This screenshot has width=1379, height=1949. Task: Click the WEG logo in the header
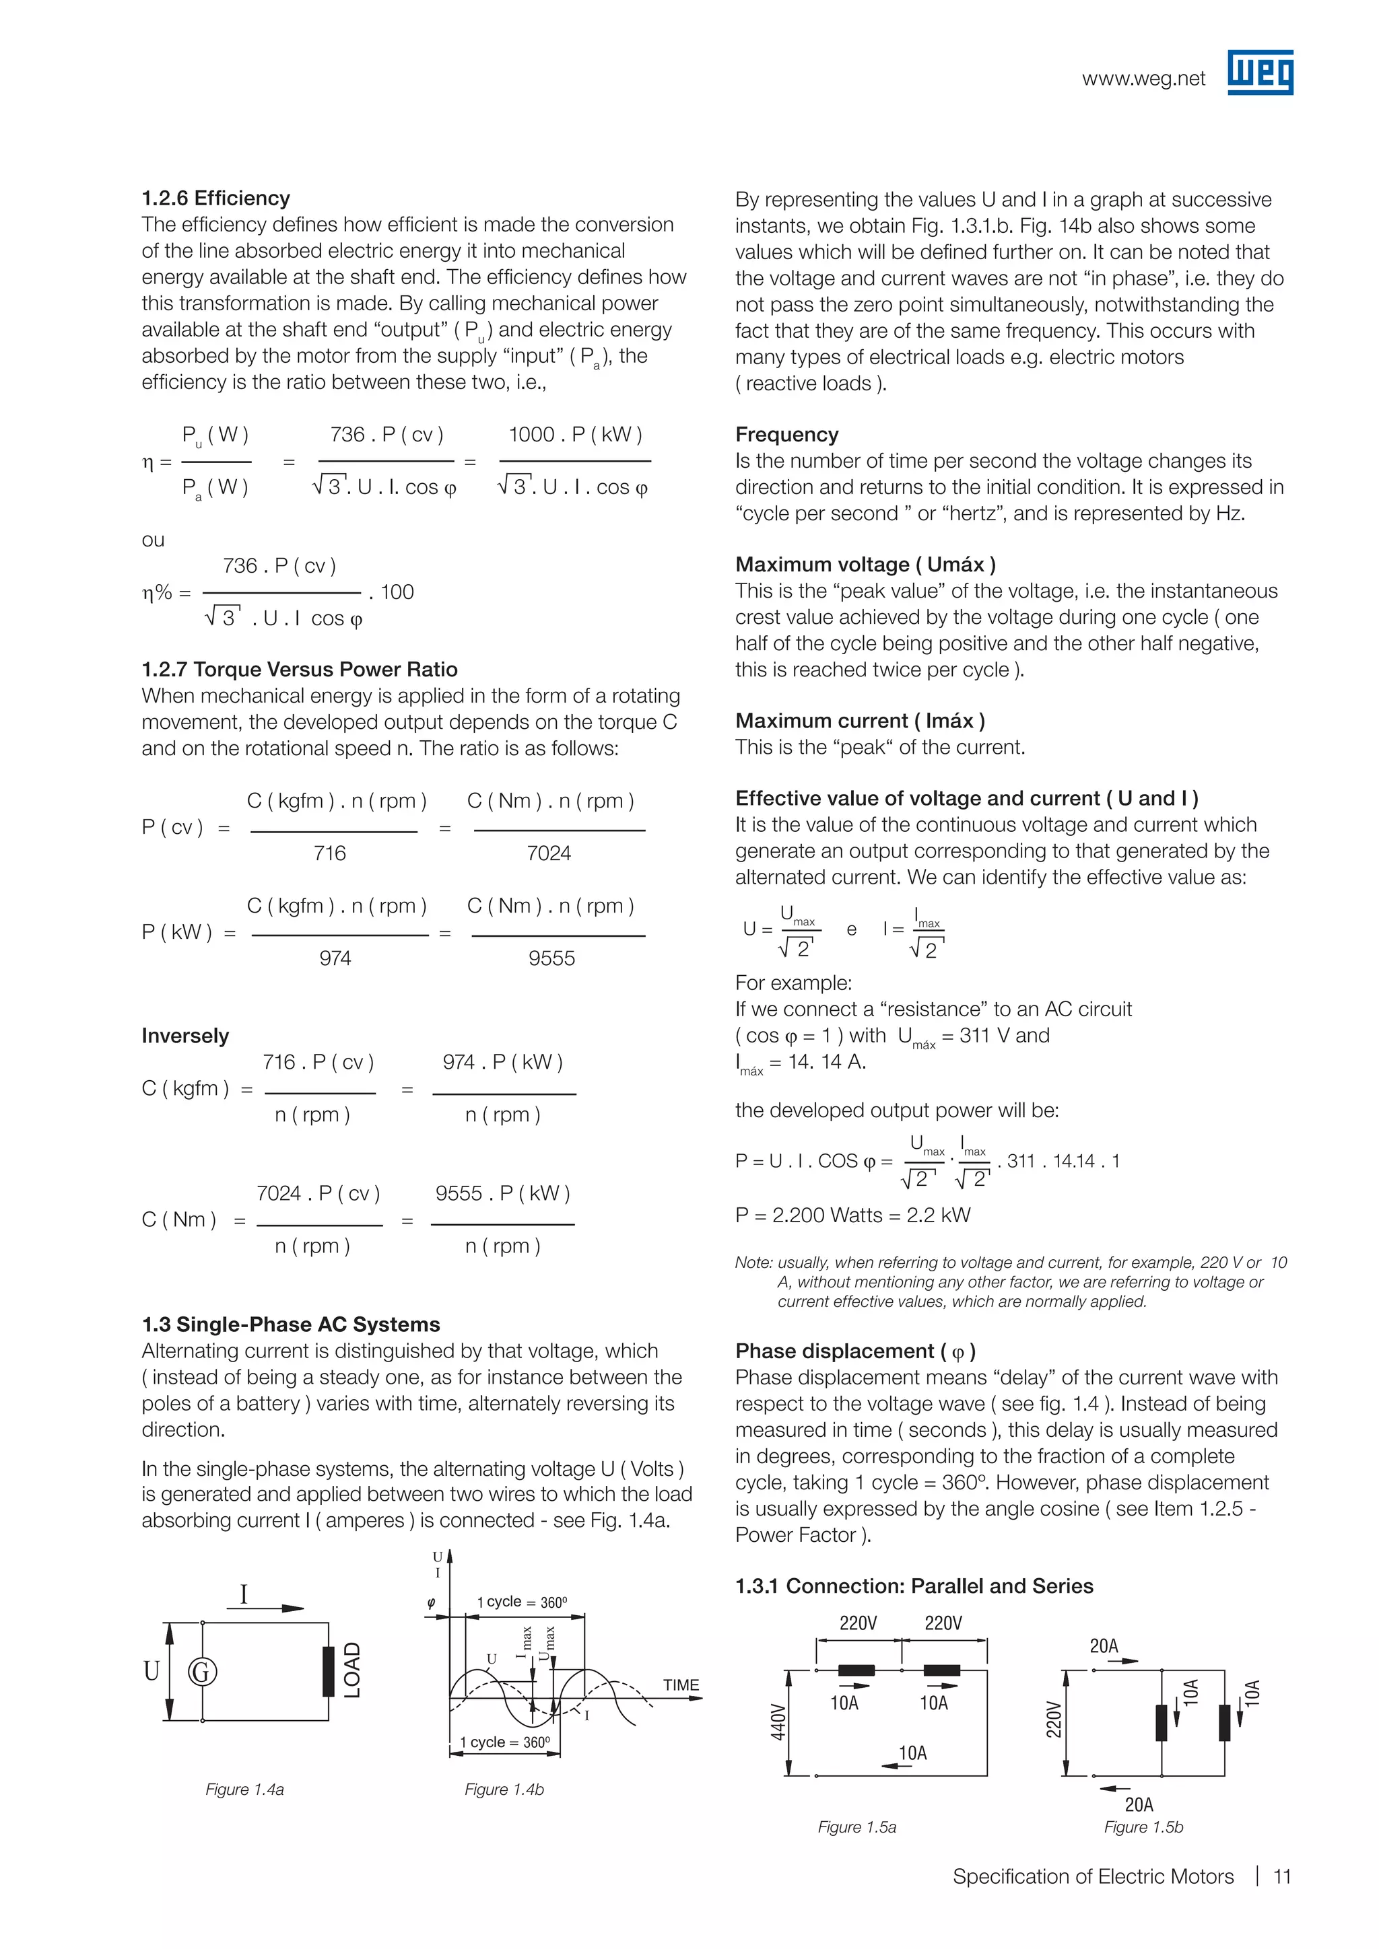click(x=1259, y=72)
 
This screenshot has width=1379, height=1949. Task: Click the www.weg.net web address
click(x=1143, y=79)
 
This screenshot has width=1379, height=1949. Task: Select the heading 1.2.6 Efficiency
click(x=215, y=198)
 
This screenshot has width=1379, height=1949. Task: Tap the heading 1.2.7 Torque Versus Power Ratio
click(x=299, y=669)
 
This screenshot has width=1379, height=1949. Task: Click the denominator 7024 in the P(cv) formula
click(x=549, y=853)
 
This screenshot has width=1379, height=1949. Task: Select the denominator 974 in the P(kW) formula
click(x=335, y=958)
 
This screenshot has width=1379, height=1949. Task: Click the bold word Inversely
click(x=185, y=1036)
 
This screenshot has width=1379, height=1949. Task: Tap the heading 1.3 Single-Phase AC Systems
click(x=290, y=1324)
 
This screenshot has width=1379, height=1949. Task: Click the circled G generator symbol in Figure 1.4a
click(x=202, y=1672)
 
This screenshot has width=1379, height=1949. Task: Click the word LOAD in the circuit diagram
click(x=352, y=1670)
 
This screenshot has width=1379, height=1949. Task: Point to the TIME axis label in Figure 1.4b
click(x=681, y=1685)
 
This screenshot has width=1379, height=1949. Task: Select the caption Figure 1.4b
click(x=504, y=1789)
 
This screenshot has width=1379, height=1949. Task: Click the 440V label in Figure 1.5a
click(x=778, y=1722)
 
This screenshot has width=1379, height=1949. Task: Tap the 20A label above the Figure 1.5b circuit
click(x=1103, y=1646)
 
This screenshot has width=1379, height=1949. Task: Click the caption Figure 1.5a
click(x=856, y=1827)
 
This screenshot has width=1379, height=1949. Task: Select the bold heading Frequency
click(x=786, y=435)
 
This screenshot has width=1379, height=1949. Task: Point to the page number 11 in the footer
click(x=1281, y=1876)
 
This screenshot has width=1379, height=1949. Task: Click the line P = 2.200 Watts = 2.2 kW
click(x=852, y=1215)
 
